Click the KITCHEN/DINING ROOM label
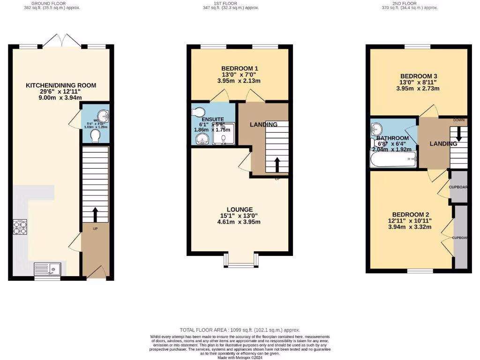[x=61, y=85]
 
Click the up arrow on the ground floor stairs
[x=95, y=215]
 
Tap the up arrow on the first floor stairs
[x=277, y=165]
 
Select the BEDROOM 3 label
[x=419, y=76]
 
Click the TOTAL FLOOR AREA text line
[x=240, y=330]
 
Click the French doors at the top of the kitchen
[x=61, y=40]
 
